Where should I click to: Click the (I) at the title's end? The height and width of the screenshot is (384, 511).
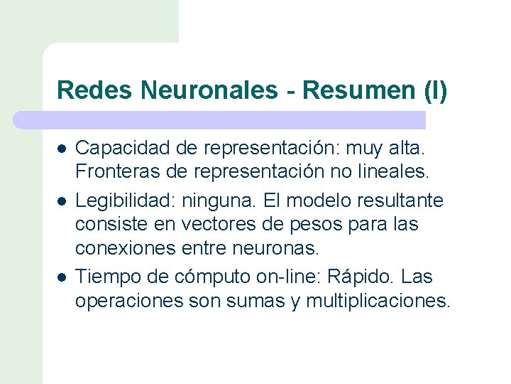click(434, 90)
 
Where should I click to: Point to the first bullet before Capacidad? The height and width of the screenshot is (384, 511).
click(62, 149)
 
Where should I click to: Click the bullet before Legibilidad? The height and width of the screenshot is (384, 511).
click(62, 201)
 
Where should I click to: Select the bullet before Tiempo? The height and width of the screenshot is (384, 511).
click(62, 276)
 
